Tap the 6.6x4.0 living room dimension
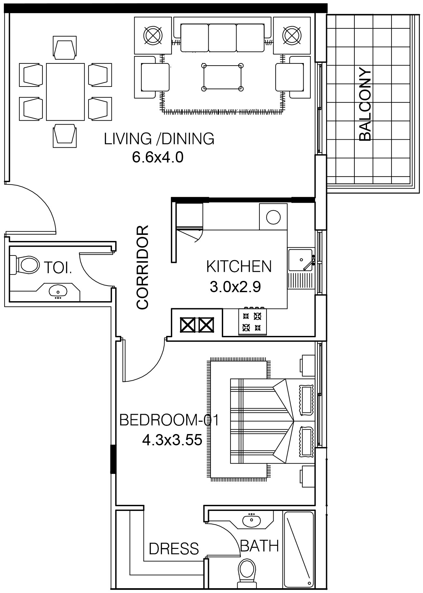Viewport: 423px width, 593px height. click(x=158, y=157)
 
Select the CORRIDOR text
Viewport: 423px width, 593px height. click(x=143, y=267)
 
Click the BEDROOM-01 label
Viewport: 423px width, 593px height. click(x=169, y=420)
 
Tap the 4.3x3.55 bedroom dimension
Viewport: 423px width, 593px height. click(x=172, y=440)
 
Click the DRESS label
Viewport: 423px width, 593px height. click(x=174, y=548)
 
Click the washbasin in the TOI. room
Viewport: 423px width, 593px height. click(x=58, y=291)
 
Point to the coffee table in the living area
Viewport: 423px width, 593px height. click(x=222, y=77)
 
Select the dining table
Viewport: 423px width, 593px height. click(x=65, y=91)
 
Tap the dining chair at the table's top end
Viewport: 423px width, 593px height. click(x=65, y=48)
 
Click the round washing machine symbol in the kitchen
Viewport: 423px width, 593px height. click(x=273, y=217)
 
